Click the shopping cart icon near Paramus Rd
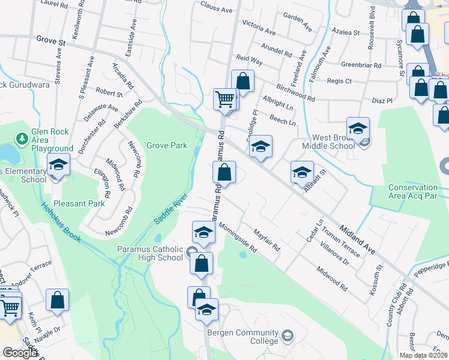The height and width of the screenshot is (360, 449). [x=225, y=99]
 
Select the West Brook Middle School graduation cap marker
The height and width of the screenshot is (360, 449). [x=358, y=128]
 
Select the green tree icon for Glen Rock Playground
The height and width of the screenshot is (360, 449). [x=22, y=139]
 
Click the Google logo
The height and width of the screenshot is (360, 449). [x=20, y=353]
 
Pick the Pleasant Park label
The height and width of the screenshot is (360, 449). [x=79, y=203]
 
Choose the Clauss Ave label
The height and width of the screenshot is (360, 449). [x=216, y=10]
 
